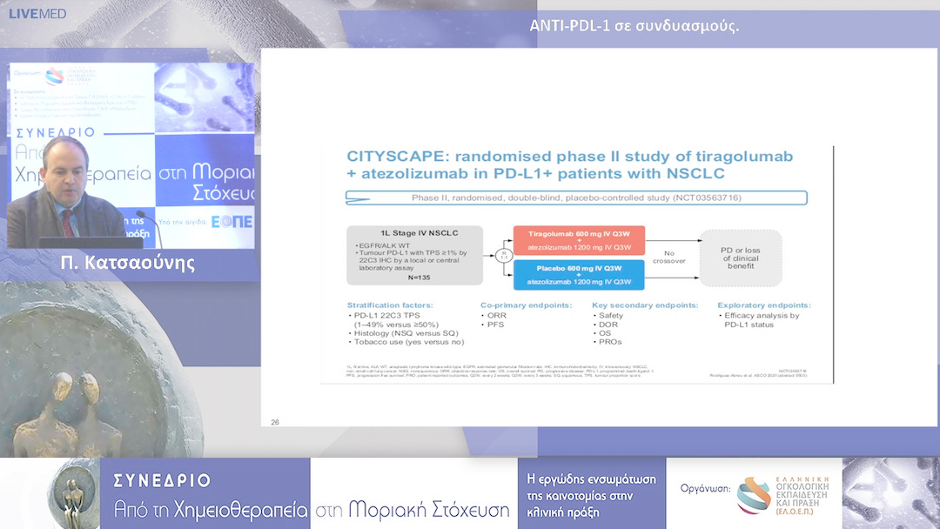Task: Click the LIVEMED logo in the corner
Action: click(37, 14)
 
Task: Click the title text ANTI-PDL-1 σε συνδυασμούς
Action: click(634, 24)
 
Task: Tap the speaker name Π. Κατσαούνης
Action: click(128, 263)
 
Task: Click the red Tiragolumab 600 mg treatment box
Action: click(579, 239)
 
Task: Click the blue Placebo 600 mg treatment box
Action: click(579, 275)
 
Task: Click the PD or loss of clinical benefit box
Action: click(741, 258)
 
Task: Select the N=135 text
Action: click(414, 278)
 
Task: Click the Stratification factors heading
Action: click(389, 305)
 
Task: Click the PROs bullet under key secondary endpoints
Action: click(609, 342)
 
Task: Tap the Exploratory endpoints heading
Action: click(763, 305)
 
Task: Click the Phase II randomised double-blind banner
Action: click(578, 198)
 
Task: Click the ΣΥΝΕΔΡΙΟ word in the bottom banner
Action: click(162, 480)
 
